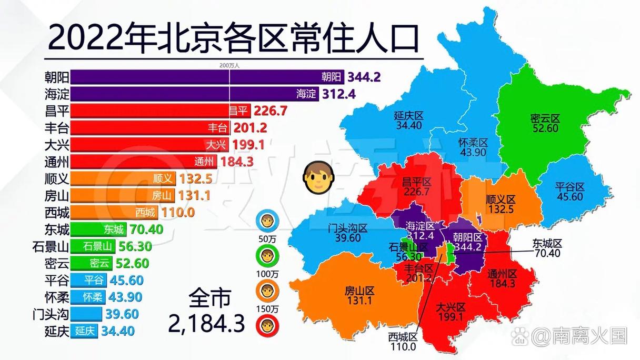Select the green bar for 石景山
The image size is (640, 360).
click(92, 246)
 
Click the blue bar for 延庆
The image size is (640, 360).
click(84, 331)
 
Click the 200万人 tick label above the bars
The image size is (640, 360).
click(229, 66)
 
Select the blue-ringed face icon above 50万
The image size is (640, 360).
click(267, 221)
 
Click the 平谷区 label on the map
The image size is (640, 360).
click(569, 187)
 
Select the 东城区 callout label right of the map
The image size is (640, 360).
click(547, 243)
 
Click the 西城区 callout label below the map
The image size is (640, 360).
click(403, 337)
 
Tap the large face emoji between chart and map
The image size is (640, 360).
click(316, 177)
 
